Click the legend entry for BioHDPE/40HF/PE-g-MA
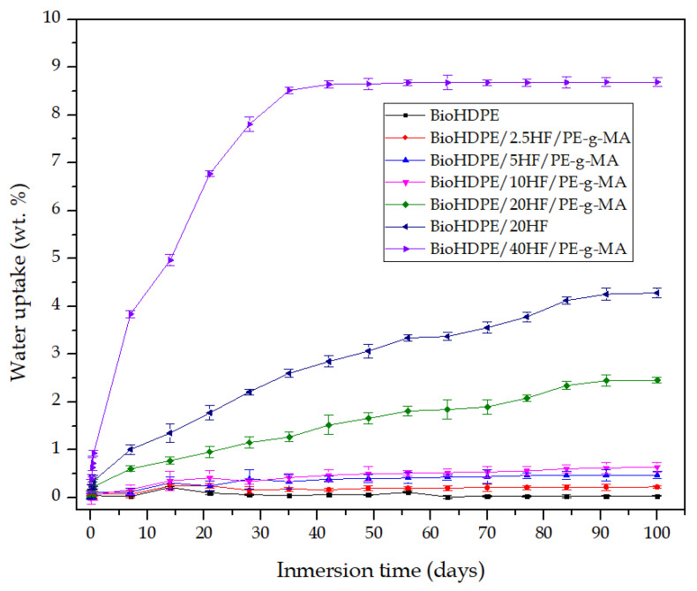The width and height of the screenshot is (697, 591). pyautogui.click(x=528, y=250)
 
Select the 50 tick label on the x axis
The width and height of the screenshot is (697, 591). pyautogui.click(x=373, y=532)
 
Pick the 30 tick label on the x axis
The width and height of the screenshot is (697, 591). pyautogui.click(x=259, y=532)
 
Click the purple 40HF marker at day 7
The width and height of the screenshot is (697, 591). pyautogui.click(x=130, y=314)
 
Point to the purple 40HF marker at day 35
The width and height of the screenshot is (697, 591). pyautogui.click(x=289, y=90)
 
